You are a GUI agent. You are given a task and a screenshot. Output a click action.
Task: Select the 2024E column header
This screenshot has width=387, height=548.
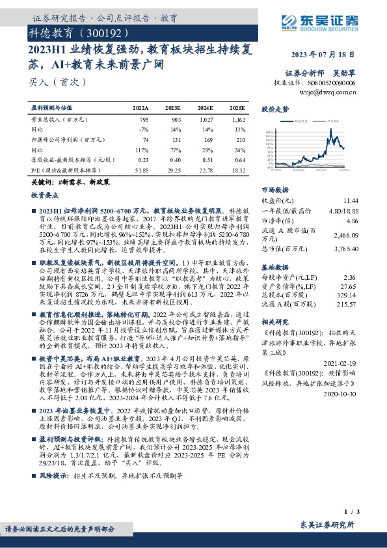coord(206,107)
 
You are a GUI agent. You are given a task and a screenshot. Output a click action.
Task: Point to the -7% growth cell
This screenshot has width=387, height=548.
coord(144,130)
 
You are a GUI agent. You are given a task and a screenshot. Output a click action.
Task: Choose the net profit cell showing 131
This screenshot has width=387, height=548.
coord(175,139)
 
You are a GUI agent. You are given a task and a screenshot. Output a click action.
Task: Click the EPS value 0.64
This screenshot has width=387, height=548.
coord(239,159)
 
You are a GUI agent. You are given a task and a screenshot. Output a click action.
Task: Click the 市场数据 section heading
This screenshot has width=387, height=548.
coord(275,189)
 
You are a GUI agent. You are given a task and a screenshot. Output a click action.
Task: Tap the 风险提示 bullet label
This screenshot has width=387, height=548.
coord(54,476)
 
